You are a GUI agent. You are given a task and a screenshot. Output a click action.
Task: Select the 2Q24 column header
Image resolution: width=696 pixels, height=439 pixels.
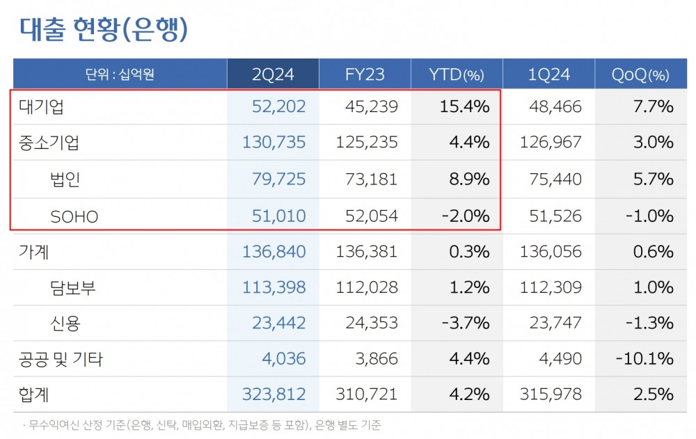tap(273, 74)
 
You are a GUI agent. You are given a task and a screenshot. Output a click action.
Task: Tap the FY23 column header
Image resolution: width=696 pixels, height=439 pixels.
tap(365, 74)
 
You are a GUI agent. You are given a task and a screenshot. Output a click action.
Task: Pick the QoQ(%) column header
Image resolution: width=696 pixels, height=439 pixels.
tap(640, 74)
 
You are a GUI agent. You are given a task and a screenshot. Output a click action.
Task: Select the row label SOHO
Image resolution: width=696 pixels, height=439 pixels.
tap(74, 216)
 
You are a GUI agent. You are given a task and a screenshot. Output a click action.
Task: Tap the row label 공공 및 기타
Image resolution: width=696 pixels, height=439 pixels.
tap(61, 359)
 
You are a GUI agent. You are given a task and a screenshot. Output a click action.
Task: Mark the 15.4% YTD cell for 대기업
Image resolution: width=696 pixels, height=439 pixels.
tap(464, 107)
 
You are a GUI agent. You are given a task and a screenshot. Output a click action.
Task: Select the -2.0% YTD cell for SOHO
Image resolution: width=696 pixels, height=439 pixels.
tap(466, 216)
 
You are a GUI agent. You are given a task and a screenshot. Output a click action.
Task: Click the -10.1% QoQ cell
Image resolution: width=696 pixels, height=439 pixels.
tap(644, 359)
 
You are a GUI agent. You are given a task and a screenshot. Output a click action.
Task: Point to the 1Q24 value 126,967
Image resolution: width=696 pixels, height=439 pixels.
tap(551, 143)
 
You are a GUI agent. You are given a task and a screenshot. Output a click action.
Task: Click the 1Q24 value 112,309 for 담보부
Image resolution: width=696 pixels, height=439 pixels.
tap(551, 287)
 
